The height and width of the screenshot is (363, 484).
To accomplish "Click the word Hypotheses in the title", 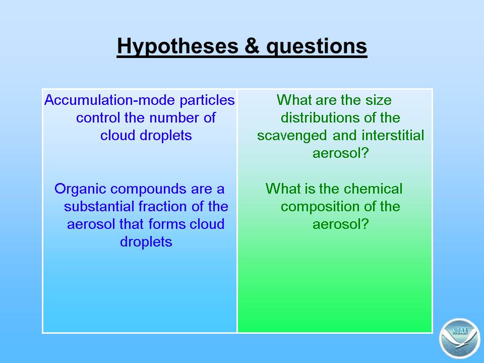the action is (x=177, y=46).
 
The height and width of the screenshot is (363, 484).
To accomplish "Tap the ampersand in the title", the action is (x=252, y=46).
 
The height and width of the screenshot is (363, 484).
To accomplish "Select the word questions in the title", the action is (x=317, y=46).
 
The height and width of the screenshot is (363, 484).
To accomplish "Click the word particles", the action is (x=207, y=100).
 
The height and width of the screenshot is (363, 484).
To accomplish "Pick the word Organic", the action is (x=80, y=189).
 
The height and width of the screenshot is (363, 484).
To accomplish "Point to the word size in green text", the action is (x=379, y=100).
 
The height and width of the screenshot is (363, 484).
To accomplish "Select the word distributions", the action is (x=321, y=117).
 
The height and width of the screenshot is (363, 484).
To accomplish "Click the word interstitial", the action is (x=393, y=135).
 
